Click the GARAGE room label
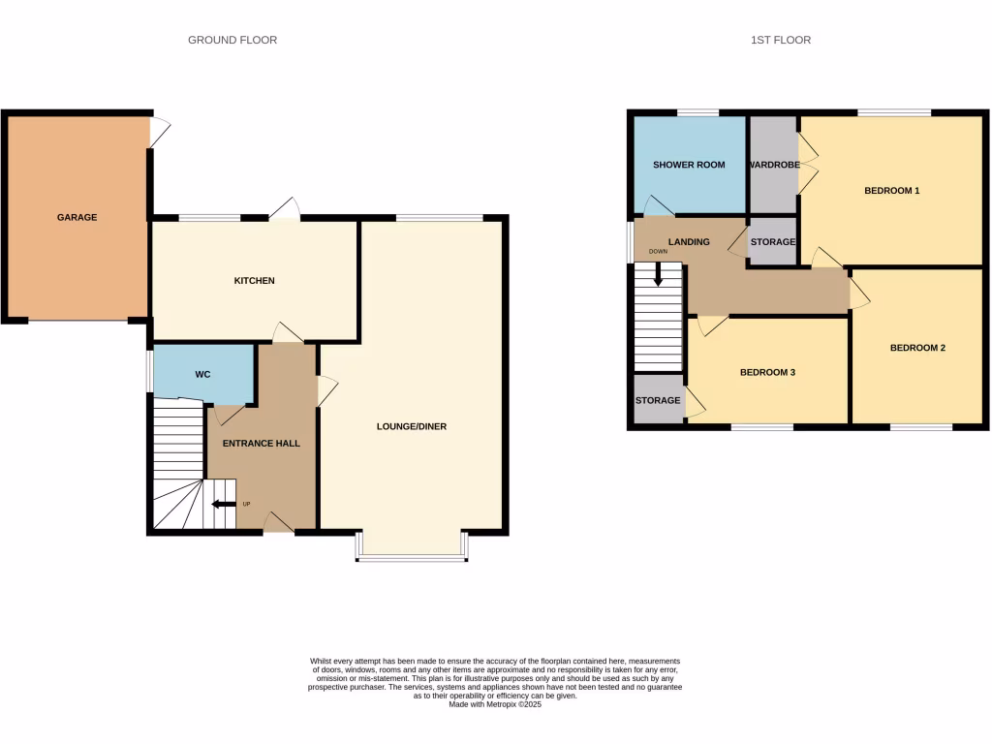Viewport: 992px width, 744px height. (x=77, y=218)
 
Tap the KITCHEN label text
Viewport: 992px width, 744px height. (x=255, y=281)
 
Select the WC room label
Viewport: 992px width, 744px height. (x=202, y=375)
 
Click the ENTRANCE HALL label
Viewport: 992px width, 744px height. (x=262, y=444)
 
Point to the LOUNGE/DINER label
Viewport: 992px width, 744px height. (x=412, y=426)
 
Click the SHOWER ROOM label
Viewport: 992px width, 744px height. (x=689, y=165)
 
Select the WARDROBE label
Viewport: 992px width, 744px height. (x=773, y=165)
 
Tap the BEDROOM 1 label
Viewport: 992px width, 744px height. (x=891, y=191)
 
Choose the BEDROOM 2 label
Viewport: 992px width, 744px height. (x=917, y=348)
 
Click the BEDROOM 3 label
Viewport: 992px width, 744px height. (x=767, y=372)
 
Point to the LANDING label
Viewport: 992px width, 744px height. (x=689, y=242)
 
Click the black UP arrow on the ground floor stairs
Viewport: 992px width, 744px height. (x=224, y=504)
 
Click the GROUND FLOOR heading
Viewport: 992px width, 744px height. (x=232, y=40)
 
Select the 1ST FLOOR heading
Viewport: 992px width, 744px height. (x=780, y=40)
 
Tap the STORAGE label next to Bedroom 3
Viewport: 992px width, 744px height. (x=658, y=400)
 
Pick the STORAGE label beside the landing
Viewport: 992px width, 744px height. (x=773, y=242)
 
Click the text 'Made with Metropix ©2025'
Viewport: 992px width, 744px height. (x=495, y=704)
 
